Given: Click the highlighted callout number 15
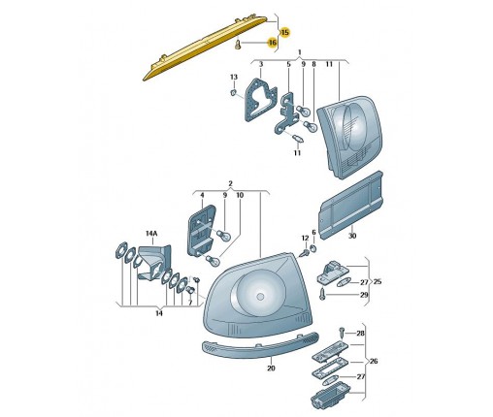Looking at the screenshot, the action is (285, 32).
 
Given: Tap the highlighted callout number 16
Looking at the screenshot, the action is (273, 43).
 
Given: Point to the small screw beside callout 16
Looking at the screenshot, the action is (238, 45).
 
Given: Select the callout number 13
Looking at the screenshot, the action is (234, 77).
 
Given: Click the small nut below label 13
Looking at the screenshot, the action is (234, 93).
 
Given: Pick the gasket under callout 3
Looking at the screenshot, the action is (260, 99).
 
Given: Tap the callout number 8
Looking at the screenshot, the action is (313, 64).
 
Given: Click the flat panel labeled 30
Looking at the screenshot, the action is (351, 205).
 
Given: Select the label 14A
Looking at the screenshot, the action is (151, 233).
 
